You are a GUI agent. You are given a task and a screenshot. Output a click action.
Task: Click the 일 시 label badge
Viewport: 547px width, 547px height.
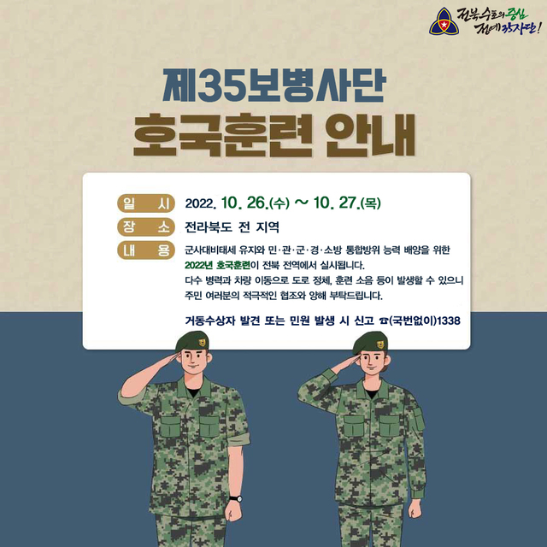coord(146,203)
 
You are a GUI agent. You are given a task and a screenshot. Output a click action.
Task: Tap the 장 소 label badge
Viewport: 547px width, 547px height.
coord(146,227)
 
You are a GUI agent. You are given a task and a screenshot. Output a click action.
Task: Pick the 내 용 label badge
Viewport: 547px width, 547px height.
coord(146,250)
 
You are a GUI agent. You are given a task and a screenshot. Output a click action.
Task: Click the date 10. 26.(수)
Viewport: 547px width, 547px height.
coord(255,204)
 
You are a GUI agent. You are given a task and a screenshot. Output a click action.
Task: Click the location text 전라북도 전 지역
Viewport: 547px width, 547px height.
coord(232,228)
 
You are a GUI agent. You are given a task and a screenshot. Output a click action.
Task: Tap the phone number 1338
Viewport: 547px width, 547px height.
coord(448,321)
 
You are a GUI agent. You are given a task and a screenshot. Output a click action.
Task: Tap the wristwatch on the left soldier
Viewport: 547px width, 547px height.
coord(235,497)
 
